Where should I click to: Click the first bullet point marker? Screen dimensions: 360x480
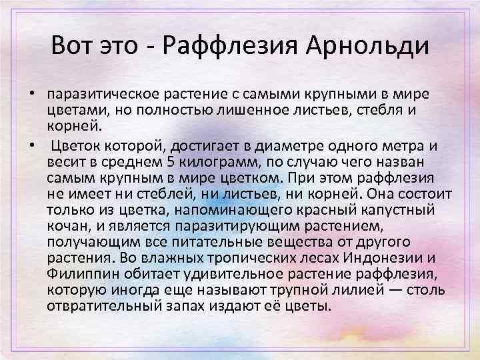point(31,91)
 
